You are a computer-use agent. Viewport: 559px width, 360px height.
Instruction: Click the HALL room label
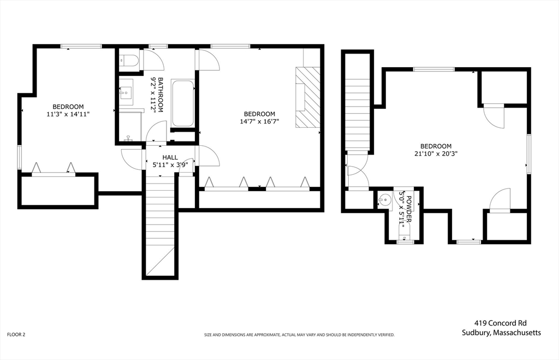[170, 157]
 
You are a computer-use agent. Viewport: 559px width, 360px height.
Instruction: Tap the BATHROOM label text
[161, 95]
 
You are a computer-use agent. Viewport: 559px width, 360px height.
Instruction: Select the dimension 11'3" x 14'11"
[68, 114]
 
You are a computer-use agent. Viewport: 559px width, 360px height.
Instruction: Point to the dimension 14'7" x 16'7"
[259, 121]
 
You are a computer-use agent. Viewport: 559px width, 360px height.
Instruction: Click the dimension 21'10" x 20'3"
[436, 154]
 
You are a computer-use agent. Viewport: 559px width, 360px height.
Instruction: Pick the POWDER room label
[409, 209]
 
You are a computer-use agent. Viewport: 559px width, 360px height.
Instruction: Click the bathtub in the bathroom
[182, 103]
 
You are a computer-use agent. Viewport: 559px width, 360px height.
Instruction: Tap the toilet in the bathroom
[129, 61]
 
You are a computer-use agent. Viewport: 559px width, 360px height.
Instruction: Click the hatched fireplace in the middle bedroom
[308, 97]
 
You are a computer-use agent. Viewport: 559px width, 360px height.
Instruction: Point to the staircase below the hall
[160, 225]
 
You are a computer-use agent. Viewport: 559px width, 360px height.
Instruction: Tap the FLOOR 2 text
[16, 335]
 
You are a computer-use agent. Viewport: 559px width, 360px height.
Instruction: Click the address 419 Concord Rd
[500, 323]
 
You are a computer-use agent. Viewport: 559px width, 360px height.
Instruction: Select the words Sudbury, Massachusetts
[501, 333]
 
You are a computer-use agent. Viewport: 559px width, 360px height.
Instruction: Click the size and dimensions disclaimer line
[299, 335]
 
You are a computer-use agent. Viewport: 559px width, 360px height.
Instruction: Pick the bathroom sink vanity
[126, 92]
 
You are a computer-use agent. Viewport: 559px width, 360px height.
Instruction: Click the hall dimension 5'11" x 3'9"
[170, 165]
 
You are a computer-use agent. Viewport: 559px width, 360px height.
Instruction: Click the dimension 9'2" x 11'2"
[153, 95]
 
